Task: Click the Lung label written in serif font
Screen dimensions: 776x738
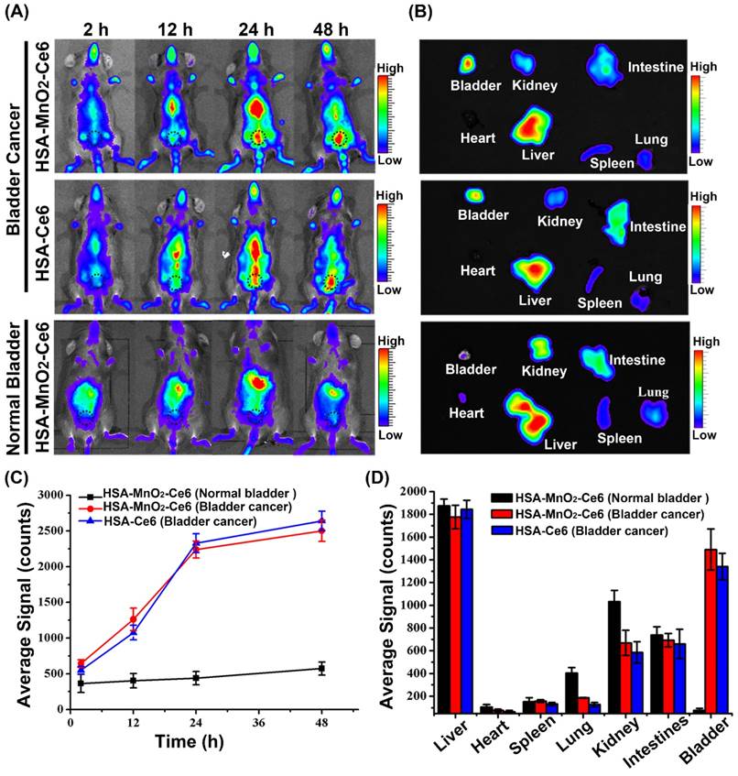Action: [x=654, y=391]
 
